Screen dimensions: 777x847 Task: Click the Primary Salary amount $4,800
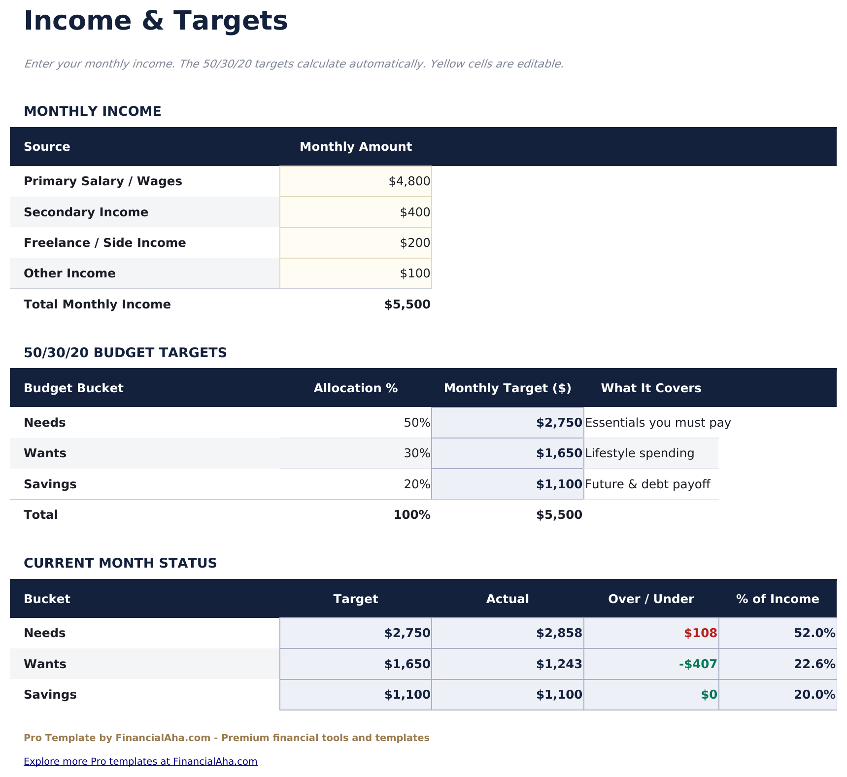pyautogui.click(x=409, y=181)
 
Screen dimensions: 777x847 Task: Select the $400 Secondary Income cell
pyautogui.click(x=415, y=212)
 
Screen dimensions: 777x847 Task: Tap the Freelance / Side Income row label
pyautogui.click(x=105, y=243)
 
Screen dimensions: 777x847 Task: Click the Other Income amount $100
pyautogui.click(x=415, y=273)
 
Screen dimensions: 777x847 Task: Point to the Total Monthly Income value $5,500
pyautogui.click(x=407, y=304)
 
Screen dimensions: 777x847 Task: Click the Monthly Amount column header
pyautogui.click(x=355, y=147)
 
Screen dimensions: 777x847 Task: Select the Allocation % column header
pyautogui.click(x=355, y=388)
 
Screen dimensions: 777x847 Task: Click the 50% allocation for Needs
pyautogui.click(x=417, y=423)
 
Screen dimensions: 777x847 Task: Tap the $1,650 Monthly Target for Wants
pyautogui.click(x=559, y=453)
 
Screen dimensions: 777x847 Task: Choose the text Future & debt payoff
pyautogui.click(x=647, y=484)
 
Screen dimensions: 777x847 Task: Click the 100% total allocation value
pyautogui.click(x=412, y=515)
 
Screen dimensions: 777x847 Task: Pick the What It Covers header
pyautogui.click(x=650, y=388)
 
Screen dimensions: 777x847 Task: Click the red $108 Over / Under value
pyautogui.click(x=700, y=633)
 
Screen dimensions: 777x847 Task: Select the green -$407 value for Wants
pyautogui.click(x=698, y=664)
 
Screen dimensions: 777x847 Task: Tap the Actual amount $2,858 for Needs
pyautogui.click(x=559, y=633)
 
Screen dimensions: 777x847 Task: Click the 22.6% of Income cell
pyautogui.click(x=814, y=664)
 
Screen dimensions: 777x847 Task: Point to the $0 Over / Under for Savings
pyautogui.click(x=709, y=695)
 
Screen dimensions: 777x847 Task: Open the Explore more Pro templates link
pyautogui.click(x=140, y=761)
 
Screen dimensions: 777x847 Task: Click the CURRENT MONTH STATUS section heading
pyautogui.click(x=120, y=563)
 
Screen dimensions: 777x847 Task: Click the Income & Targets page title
pyautogui.click(x=156, y=21)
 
